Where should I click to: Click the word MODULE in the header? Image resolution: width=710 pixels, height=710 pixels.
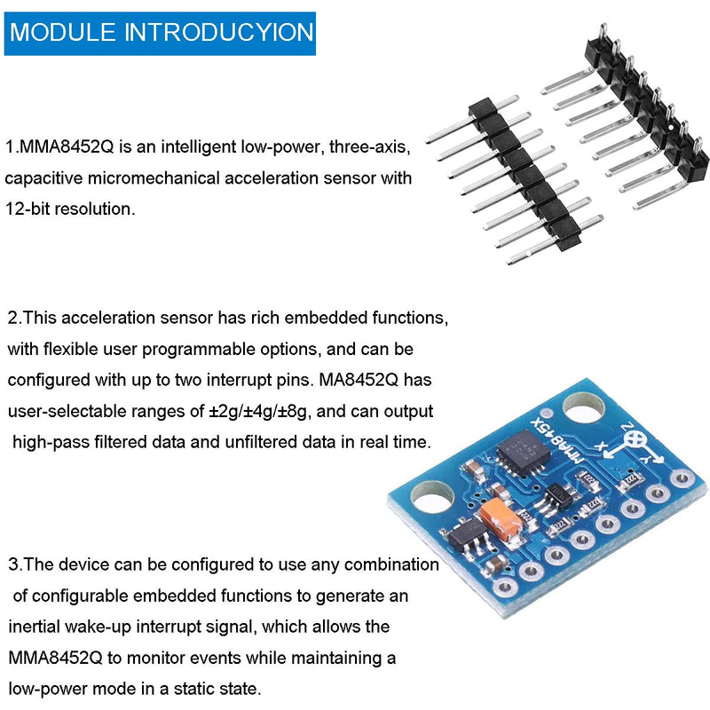pyautogui.click(x=62, y=33)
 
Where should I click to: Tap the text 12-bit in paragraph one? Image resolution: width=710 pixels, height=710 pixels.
pyautogui.click(x=31, y=209)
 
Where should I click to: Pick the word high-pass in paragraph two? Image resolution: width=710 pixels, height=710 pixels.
pyautogui.click(x=51, y=442)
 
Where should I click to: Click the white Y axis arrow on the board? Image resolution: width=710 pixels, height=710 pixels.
pyautogui.click(x=651, y=459)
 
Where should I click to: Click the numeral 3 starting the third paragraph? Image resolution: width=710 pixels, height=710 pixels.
pyautogui.click(x=13, y=564)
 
